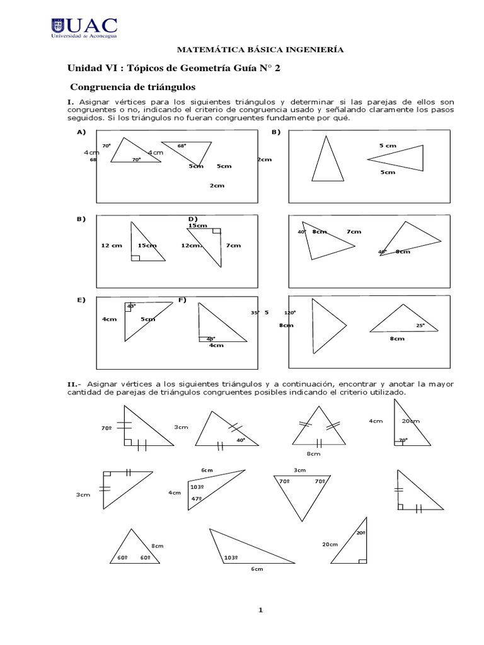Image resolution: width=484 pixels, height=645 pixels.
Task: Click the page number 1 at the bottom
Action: pos(241,610)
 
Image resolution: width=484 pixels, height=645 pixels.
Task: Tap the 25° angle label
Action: pos(420,326)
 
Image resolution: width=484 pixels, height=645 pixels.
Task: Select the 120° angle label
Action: pos(290,312)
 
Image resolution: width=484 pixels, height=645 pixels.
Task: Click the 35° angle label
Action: pos(255,312)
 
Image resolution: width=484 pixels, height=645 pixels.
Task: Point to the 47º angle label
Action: pos(196,499)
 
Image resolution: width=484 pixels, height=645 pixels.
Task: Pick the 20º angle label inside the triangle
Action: pos(360,533)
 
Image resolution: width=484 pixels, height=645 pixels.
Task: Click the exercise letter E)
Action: pos(81,300)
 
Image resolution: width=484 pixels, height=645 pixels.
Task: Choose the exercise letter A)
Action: pos(81,132)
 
